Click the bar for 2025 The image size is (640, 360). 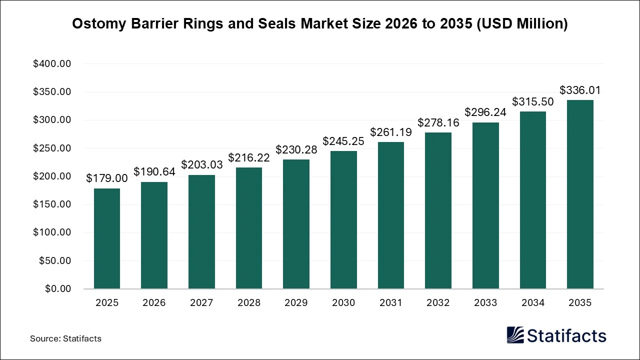(106, 238)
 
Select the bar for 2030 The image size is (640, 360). (343, 220)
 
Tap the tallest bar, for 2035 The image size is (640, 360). (580, 194)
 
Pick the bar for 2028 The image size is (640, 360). (248, 228)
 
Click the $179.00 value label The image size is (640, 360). (106, 178)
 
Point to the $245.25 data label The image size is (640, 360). (343, 141)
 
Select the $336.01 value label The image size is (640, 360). (580, 90)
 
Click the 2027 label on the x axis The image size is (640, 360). (201, 303)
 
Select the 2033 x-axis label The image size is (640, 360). (485, 303)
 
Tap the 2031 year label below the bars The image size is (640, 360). (390, 303)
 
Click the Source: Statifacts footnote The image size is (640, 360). (65, 338)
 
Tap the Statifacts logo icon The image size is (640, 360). (515, 335)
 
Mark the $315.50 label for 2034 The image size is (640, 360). (532, 102)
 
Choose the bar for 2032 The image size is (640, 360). (438, 210)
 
